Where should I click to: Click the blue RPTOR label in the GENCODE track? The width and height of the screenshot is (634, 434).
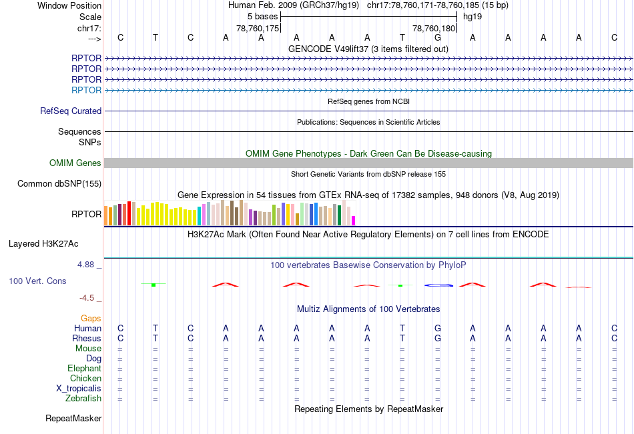coord(86,90)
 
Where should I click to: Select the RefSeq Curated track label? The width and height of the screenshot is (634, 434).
coord(71,111)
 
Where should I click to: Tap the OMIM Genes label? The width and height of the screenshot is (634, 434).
coord(75,163)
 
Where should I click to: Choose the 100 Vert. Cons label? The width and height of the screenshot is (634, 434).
coord(37,281)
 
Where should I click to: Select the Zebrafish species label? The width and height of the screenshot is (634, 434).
coord(83,399)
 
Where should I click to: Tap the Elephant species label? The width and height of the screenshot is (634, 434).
coord(84,369)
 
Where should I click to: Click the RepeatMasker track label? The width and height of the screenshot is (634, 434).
coord(73,419)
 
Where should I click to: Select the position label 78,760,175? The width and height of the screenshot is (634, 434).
coord(258,29)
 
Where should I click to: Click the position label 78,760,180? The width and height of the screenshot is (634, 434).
coord(434,29)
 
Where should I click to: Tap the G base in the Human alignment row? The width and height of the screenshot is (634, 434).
coord(438,328)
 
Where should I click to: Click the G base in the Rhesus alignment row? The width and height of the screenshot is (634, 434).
coord(438,338)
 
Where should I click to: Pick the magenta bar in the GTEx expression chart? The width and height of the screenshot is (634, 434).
coord(354,220)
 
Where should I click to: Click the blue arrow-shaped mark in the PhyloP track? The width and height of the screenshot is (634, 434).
coord(438,285)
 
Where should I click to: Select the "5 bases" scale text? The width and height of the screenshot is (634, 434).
coord(261,15)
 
